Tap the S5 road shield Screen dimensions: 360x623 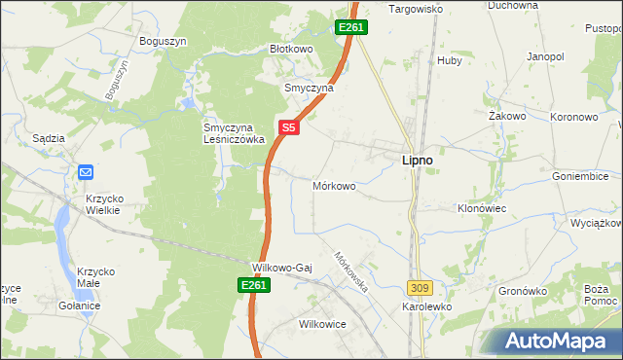[x=288, y=127]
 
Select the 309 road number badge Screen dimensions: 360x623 [x=420, y=288]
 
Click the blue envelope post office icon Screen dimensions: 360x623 [x=85, y=172]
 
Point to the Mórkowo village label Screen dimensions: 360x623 [x=334, y=185]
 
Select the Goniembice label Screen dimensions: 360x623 [x=579, y=177]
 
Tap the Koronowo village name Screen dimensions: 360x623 [x=573, y=116]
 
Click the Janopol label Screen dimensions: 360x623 [x=545, y=57]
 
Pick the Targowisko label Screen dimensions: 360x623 [x=416, y=9]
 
